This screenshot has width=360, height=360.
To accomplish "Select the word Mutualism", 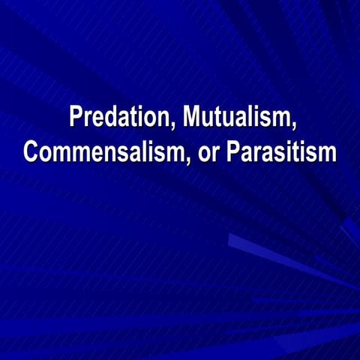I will tap(239, 118).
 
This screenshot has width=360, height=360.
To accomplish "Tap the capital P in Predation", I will tap(75, 118).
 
